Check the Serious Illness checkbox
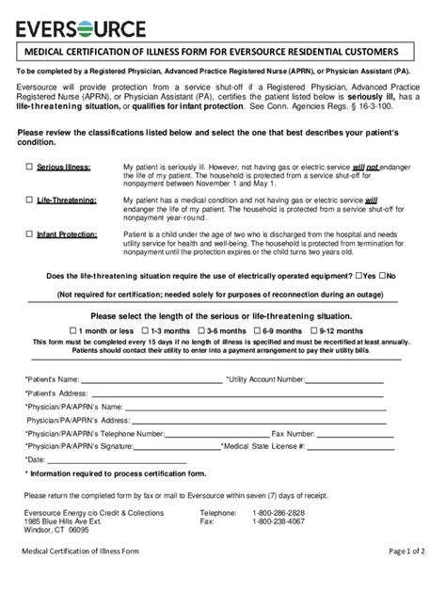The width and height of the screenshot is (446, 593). [29, 166]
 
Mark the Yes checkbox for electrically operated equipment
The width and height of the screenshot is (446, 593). [359, 276]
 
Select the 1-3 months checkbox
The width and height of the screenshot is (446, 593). [145, 331]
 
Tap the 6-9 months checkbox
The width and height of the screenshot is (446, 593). [256, 331]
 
